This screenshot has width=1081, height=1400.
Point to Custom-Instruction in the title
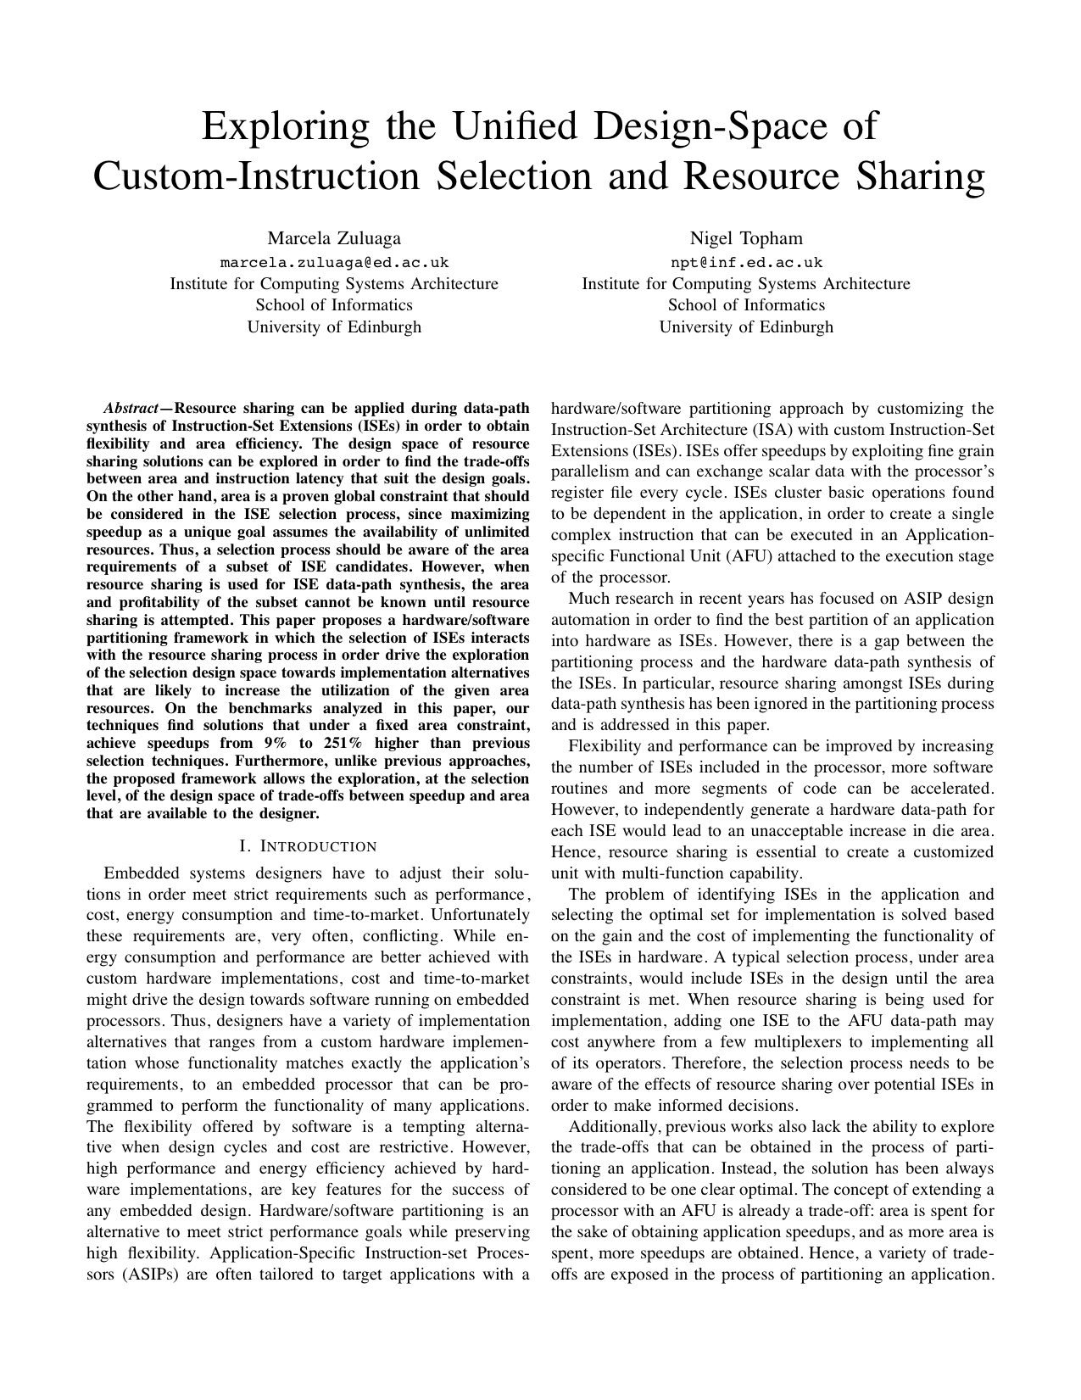pos(255,176)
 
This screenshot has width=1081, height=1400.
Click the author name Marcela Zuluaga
pos(334,238)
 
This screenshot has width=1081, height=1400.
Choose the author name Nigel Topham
pos(746,238)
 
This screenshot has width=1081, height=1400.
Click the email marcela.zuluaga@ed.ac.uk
pos(334,262)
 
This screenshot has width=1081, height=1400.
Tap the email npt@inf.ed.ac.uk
pos(746,262)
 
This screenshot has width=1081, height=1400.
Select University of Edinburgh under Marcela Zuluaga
pos(334,326)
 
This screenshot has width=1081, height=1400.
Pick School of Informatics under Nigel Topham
pos(746,305)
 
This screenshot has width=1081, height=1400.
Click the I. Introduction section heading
pos(309,846)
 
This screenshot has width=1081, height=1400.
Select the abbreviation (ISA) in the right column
pos(761,429)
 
